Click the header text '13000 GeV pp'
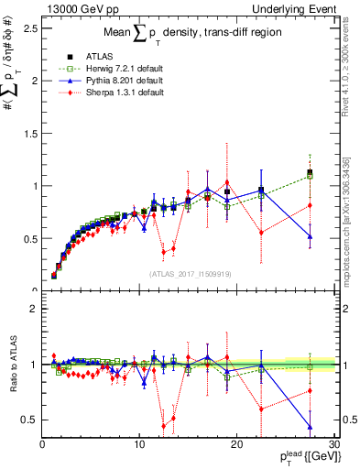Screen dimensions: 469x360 pos(77,7)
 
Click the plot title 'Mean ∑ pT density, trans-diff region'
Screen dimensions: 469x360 pos(188,35)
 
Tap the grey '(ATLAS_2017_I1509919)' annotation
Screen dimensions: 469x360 pos(189,272)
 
